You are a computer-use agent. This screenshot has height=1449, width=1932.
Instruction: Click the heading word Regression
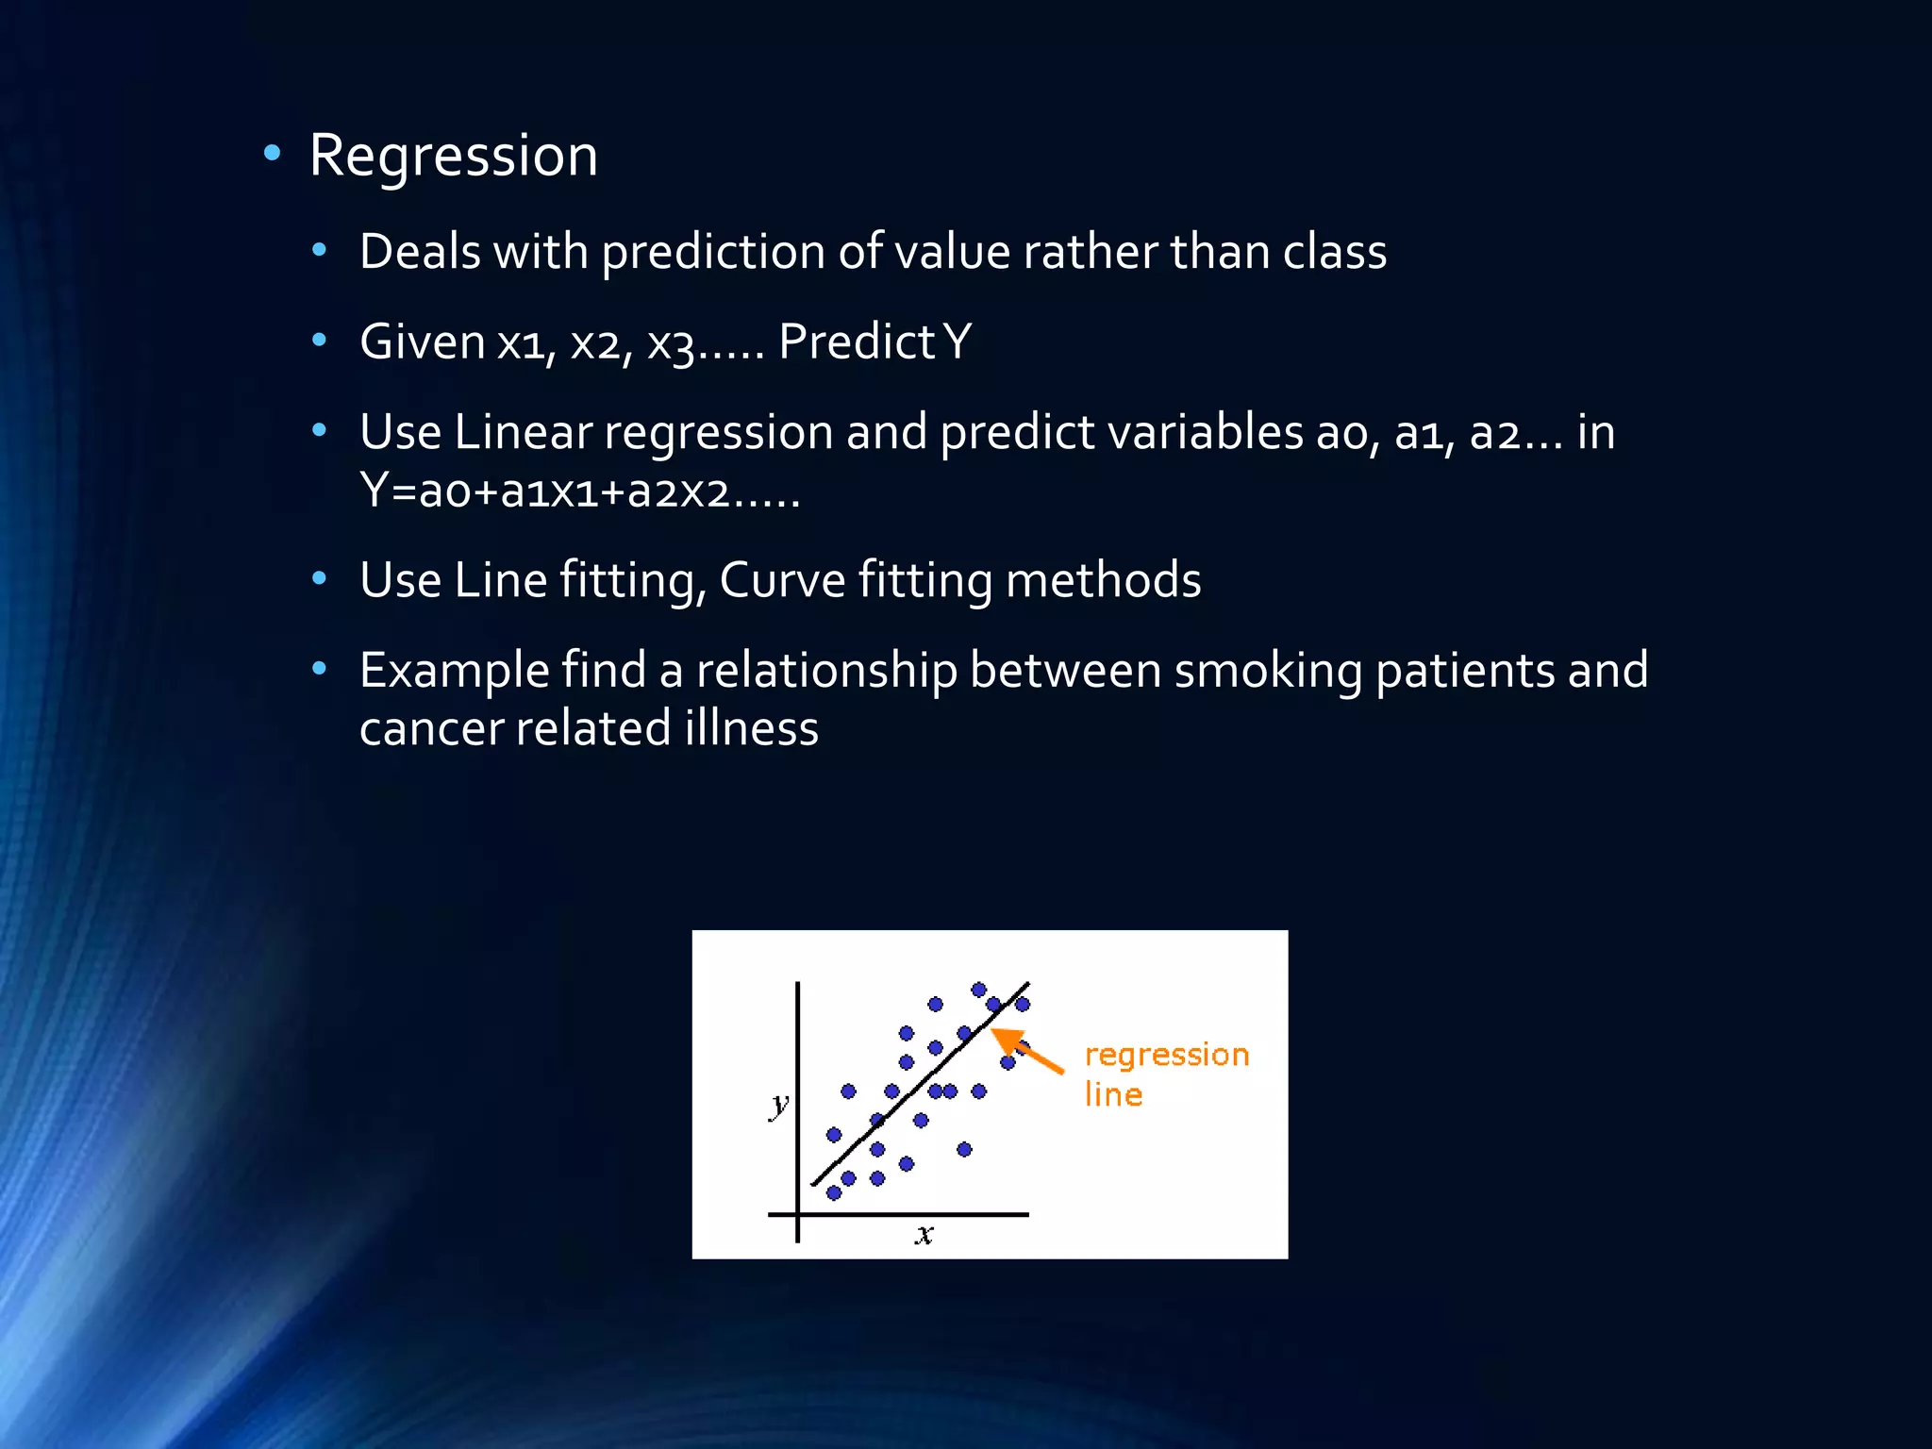coord(453,156)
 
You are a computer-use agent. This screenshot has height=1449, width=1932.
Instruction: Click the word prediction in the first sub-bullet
coord(712,253)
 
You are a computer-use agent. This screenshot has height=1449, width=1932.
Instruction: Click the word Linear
coord(523,432)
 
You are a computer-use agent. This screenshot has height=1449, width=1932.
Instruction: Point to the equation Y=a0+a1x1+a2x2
coord(579,491)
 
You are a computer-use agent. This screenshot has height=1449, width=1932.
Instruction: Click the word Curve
coord(781,579)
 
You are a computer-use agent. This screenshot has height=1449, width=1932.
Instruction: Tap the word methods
coord(1103,579)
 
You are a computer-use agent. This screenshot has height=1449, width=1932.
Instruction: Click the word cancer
coord(430,729)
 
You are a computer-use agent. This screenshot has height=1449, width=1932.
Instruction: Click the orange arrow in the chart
coord(1028,1050)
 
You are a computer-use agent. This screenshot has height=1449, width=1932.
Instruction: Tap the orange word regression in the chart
coord(1166,1055)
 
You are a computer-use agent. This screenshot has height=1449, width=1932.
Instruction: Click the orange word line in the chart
coord(1113,1094)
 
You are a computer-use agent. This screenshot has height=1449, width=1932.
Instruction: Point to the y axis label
coord(778,1105)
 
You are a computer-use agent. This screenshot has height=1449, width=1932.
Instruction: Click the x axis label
coord(924,1234)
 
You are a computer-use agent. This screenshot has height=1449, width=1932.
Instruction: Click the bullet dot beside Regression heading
coord(273,153)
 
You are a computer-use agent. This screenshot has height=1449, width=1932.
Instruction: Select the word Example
coord(454,671)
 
